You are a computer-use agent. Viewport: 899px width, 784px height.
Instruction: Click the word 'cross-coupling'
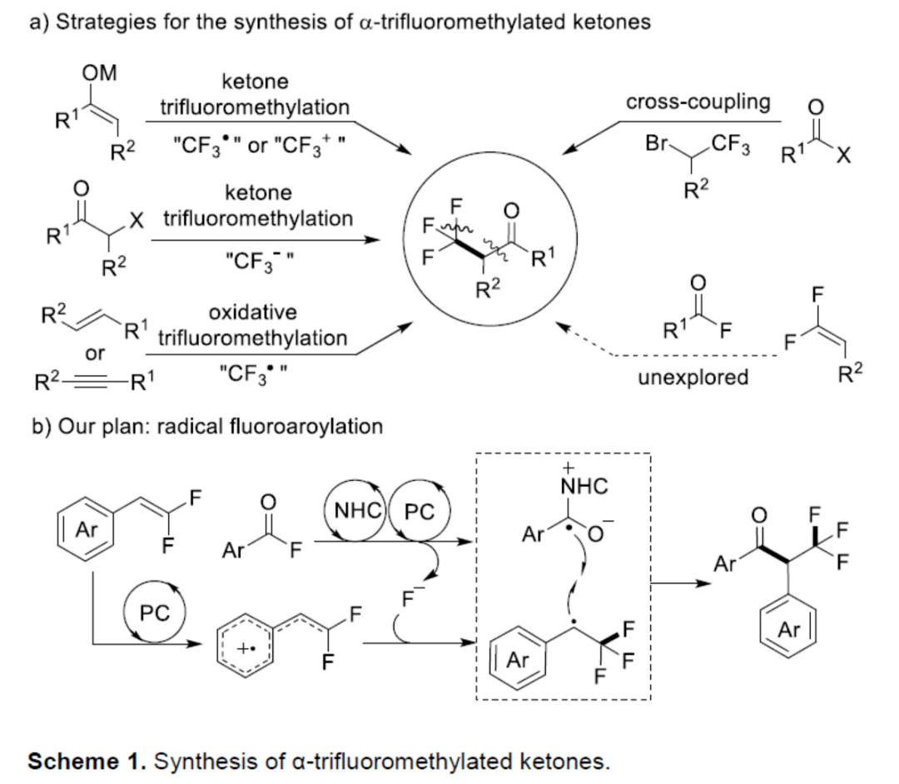(698, 102)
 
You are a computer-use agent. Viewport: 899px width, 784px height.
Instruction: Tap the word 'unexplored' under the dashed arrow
(693, 377)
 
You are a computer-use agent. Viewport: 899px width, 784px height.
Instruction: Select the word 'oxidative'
(252, 312)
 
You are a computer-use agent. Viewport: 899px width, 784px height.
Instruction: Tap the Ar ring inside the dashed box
(517, 662)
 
